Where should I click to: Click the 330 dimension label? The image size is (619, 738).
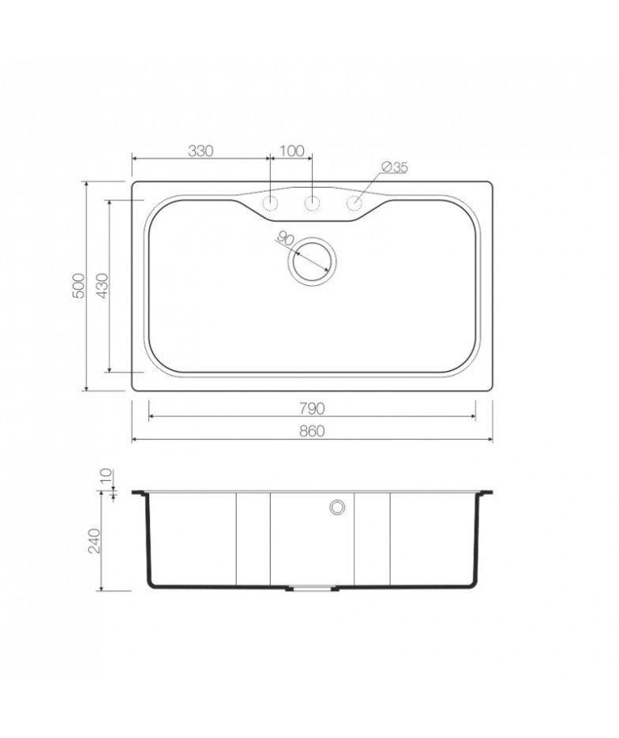click(201, 151)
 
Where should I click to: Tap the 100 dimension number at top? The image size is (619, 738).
click(292, 151)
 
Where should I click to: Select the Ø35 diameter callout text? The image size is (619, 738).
click(395, 167)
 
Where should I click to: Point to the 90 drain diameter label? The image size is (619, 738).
click(285, 238)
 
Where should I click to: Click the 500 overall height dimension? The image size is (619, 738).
click(78, 285)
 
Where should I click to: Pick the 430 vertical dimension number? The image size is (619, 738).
click(102, 285)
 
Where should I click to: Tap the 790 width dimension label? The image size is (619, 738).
click(312, 409)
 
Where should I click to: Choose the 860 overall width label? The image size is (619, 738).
click(312, 431)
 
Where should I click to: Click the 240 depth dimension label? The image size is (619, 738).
click(95, 541)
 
